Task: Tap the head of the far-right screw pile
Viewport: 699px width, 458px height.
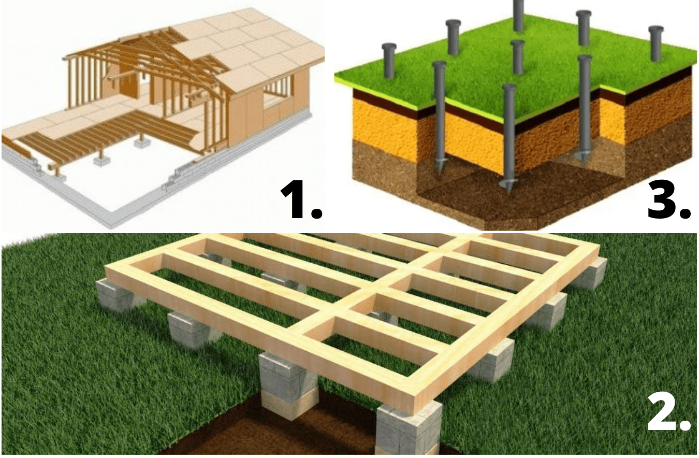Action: [x=656, y=30]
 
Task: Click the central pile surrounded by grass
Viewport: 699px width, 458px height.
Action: [x=518, y=56]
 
